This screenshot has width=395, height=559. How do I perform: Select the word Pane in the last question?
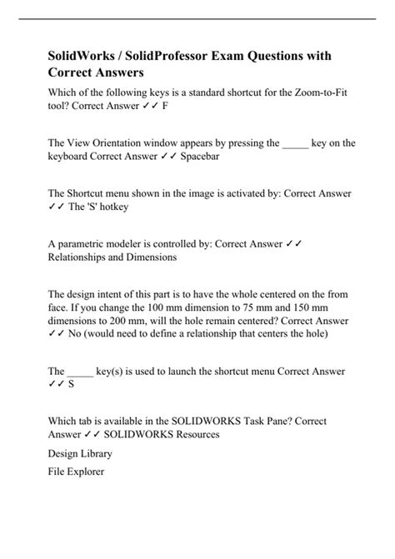[x=275, y=421]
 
